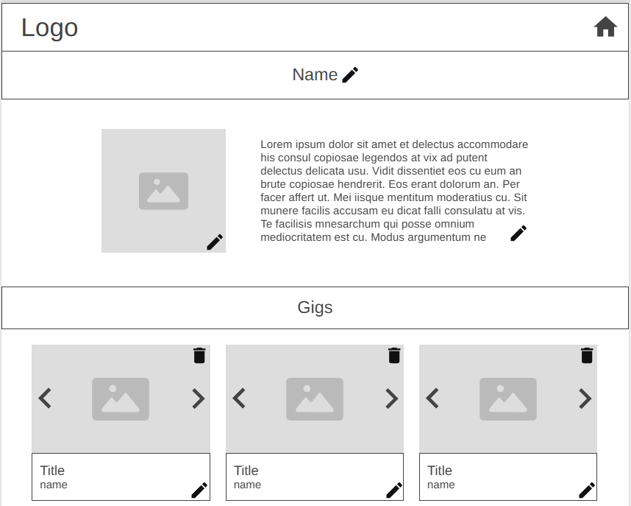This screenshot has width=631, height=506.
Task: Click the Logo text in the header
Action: [x=49, y=28]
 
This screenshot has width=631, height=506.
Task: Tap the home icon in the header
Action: [x=605, y=27]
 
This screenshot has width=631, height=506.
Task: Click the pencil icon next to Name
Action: [x=350, y=75]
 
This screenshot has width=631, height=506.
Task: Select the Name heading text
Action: [x=315, y=74]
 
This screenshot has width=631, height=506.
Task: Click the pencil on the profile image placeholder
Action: [x=215, y=242]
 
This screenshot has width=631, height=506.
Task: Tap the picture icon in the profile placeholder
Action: [x=163, y=191]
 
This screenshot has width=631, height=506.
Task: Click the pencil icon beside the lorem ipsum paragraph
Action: [x=518, y=233]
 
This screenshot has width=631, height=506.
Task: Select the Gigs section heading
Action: [x=315, y=307]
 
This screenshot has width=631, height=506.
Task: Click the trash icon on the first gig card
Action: [x=199, y=355]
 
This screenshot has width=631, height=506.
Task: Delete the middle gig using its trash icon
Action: [x=394, y=355]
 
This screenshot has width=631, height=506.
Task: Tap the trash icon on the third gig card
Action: [x=587, y=355]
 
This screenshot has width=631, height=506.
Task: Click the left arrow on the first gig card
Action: [x=45, y=398]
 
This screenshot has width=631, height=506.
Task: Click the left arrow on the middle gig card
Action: [x=239, y=398]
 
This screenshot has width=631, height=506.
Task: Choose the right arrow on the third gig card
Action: [x=585, y=398]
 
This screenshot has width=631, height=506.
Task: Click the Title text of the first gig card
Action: [x=52, y=471]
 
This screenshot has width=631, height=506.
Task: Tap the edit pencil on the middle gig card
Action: [x=394, y=491]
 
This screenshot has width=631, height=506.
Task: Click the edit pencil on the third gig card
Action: [x=587, y=491]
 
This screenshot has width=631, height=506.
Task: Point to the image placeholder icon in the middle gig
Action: [x=315, y=399]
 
